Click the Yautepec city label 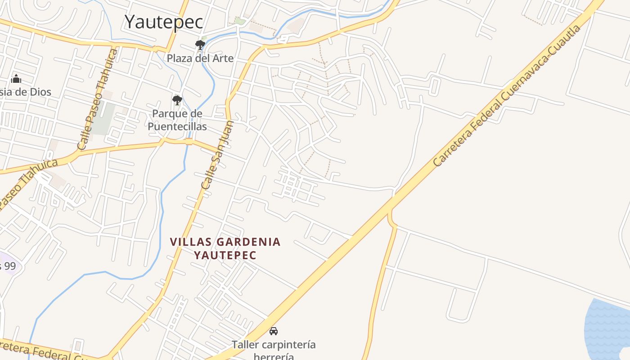(164, 22)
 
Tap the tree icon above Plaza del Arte (200, 45)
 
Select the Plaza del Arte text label (200, 58)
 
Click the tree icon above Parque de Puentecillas (177, 100)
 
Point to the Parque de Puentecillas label (177, 120)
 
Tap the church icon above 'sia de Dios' (16, 79)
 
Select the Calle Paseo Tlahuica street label (97, 100)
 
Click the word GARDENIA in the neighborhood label (248, 242)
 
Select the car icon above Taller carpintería (274, 331)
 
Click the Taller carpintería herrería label (274, 351)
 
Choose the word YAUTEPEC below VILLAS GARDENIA (225, 255)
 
